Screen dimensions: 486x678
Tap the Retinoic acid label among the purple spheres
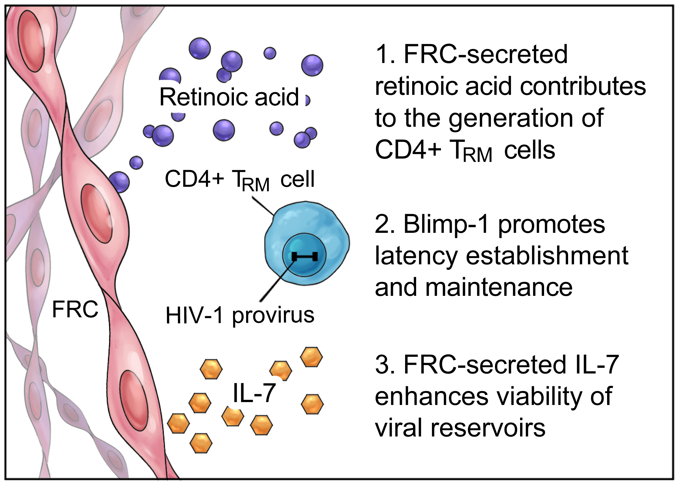click(229, 97)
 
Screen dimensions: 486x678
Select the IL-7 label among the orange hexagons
click(254, 393)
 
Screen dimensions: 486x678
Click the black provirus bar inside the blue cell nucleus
click(304, 256)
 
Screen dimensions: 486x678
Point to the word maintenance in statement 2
click(499, 287)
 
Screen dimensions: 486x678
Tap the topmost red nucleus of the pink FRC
click(31, 41)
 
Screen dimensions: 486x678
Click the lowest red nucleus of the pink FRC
click(134, 400)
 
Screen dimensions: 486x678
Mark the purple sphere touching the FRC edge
click(119, 182)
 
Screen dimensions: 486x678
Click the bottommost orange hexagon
click(201, 443)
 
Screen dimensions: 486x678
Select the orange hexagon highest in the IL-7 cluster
click(312, 357)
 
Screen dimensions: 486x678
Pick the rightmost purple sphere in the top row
click(312, 65)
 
